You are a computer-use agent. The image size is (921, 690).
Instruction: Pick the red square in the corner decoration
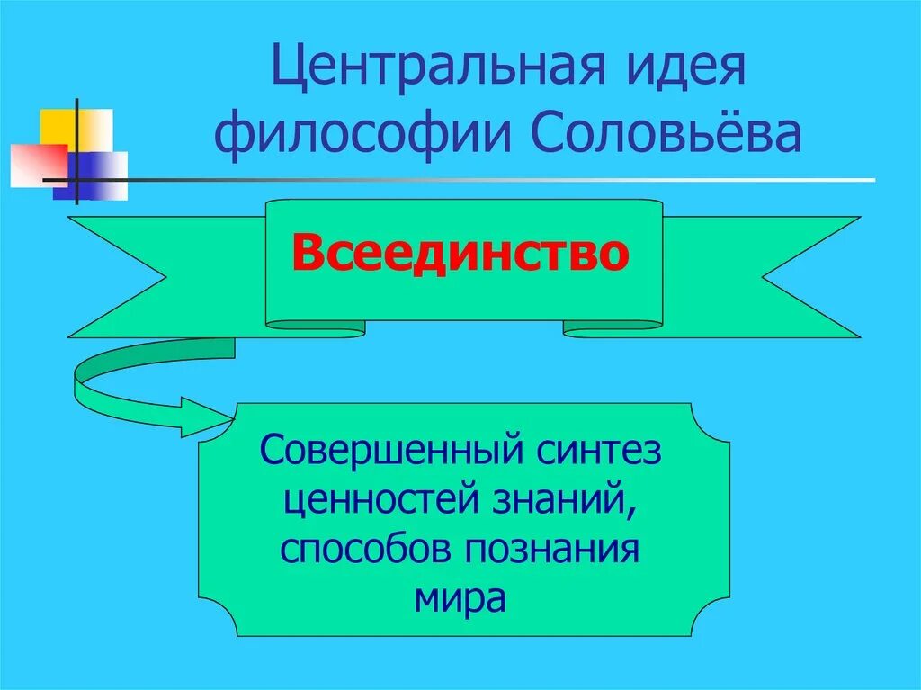click(36, 165)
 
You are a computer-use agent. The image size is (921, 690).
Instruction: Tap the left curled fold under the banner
click(316, 329)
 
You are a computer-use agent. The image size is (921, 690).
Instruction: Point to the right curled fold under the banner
click(612, 329)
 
